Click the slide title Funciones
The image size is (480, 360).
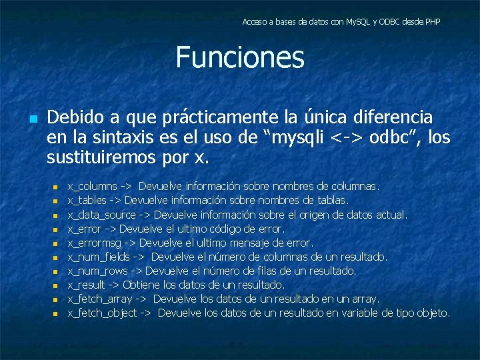point(240,57)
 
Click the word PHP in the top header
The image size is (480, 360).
point(432,22)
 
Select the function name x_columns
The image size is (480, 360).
point(93,187)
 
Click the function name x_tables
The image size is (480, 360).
point(87,201)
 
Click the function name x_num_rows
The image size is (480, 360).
point(97,271)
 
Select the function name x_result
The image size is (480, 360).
point(85,285)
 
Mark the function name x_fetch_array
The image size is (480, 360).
point(100,299)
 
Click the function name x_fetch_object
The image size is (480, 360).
point(102,313)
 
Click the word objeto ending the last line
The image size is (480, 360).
point(434,313)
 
